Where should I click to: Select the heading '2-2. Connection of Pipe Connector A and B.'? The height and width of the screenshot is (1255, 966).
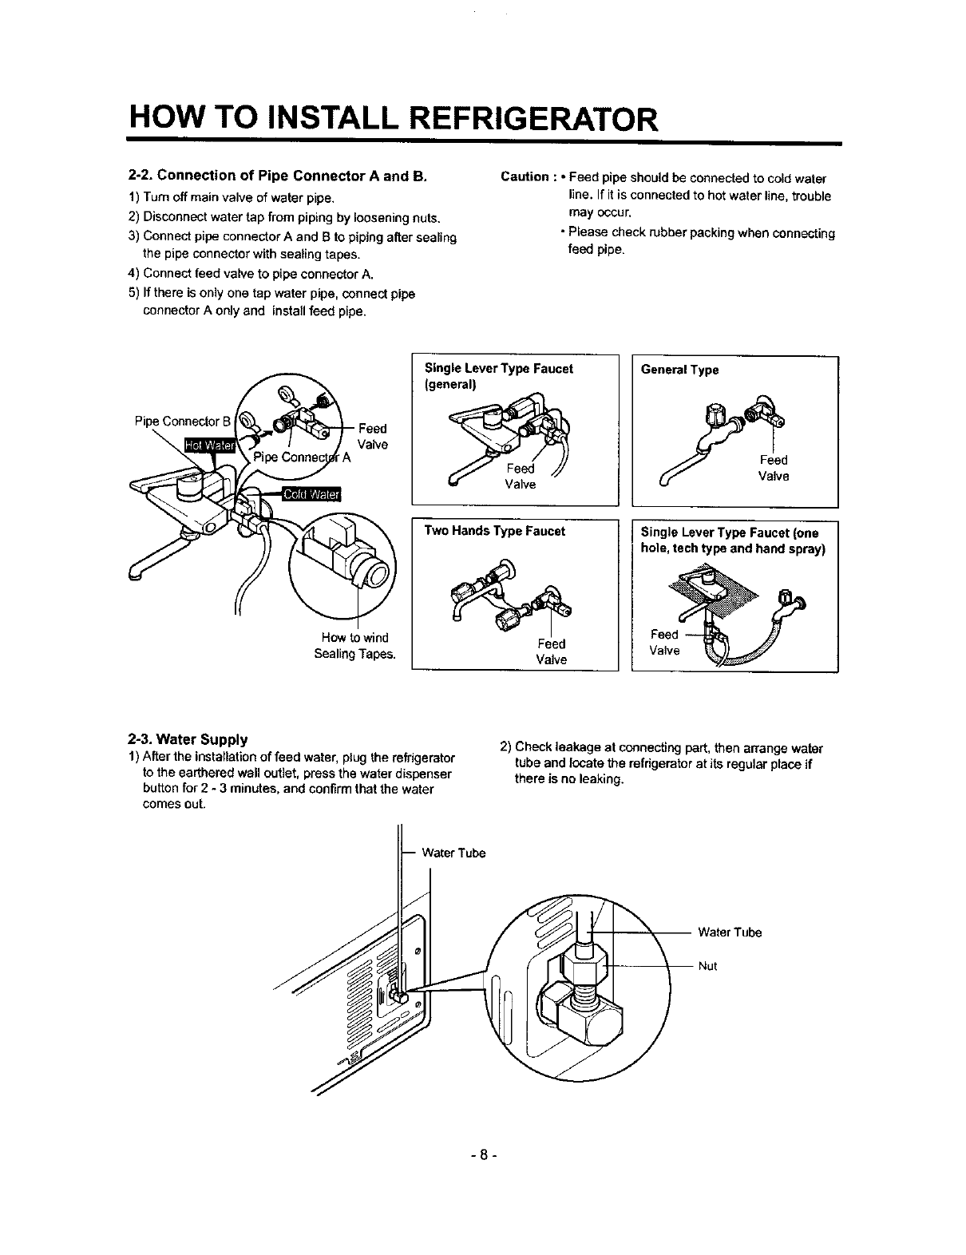point(279,176)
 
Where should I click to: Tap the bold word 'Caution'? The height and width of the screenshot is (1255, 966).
point(524,177)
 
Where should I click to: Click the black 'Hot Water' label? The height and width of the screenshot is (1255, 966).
point(207,445)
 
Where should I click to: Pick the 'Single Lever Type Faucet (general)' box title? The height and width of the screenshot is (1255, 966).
point(498,376)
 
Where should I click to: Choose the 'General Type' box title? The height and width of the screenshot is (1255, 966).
point(679,370)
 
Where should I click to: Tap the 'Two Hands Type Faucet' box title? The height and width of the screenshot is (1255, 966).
point(494,531)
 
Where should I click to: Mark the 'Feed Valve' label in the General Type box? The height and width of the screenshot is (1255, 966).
point(774,468)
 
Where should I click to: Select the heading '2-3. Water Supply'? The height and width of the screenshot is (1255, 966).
point(188,738)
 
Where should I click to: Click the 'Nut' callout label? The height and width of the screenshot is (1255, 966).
point(708,966)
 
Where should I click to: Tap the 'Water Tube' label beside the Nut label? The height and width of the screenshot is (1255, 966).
point(730,932)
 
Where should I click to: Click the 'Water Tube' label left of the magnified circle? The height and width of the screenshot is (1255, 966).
point(453,853)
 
